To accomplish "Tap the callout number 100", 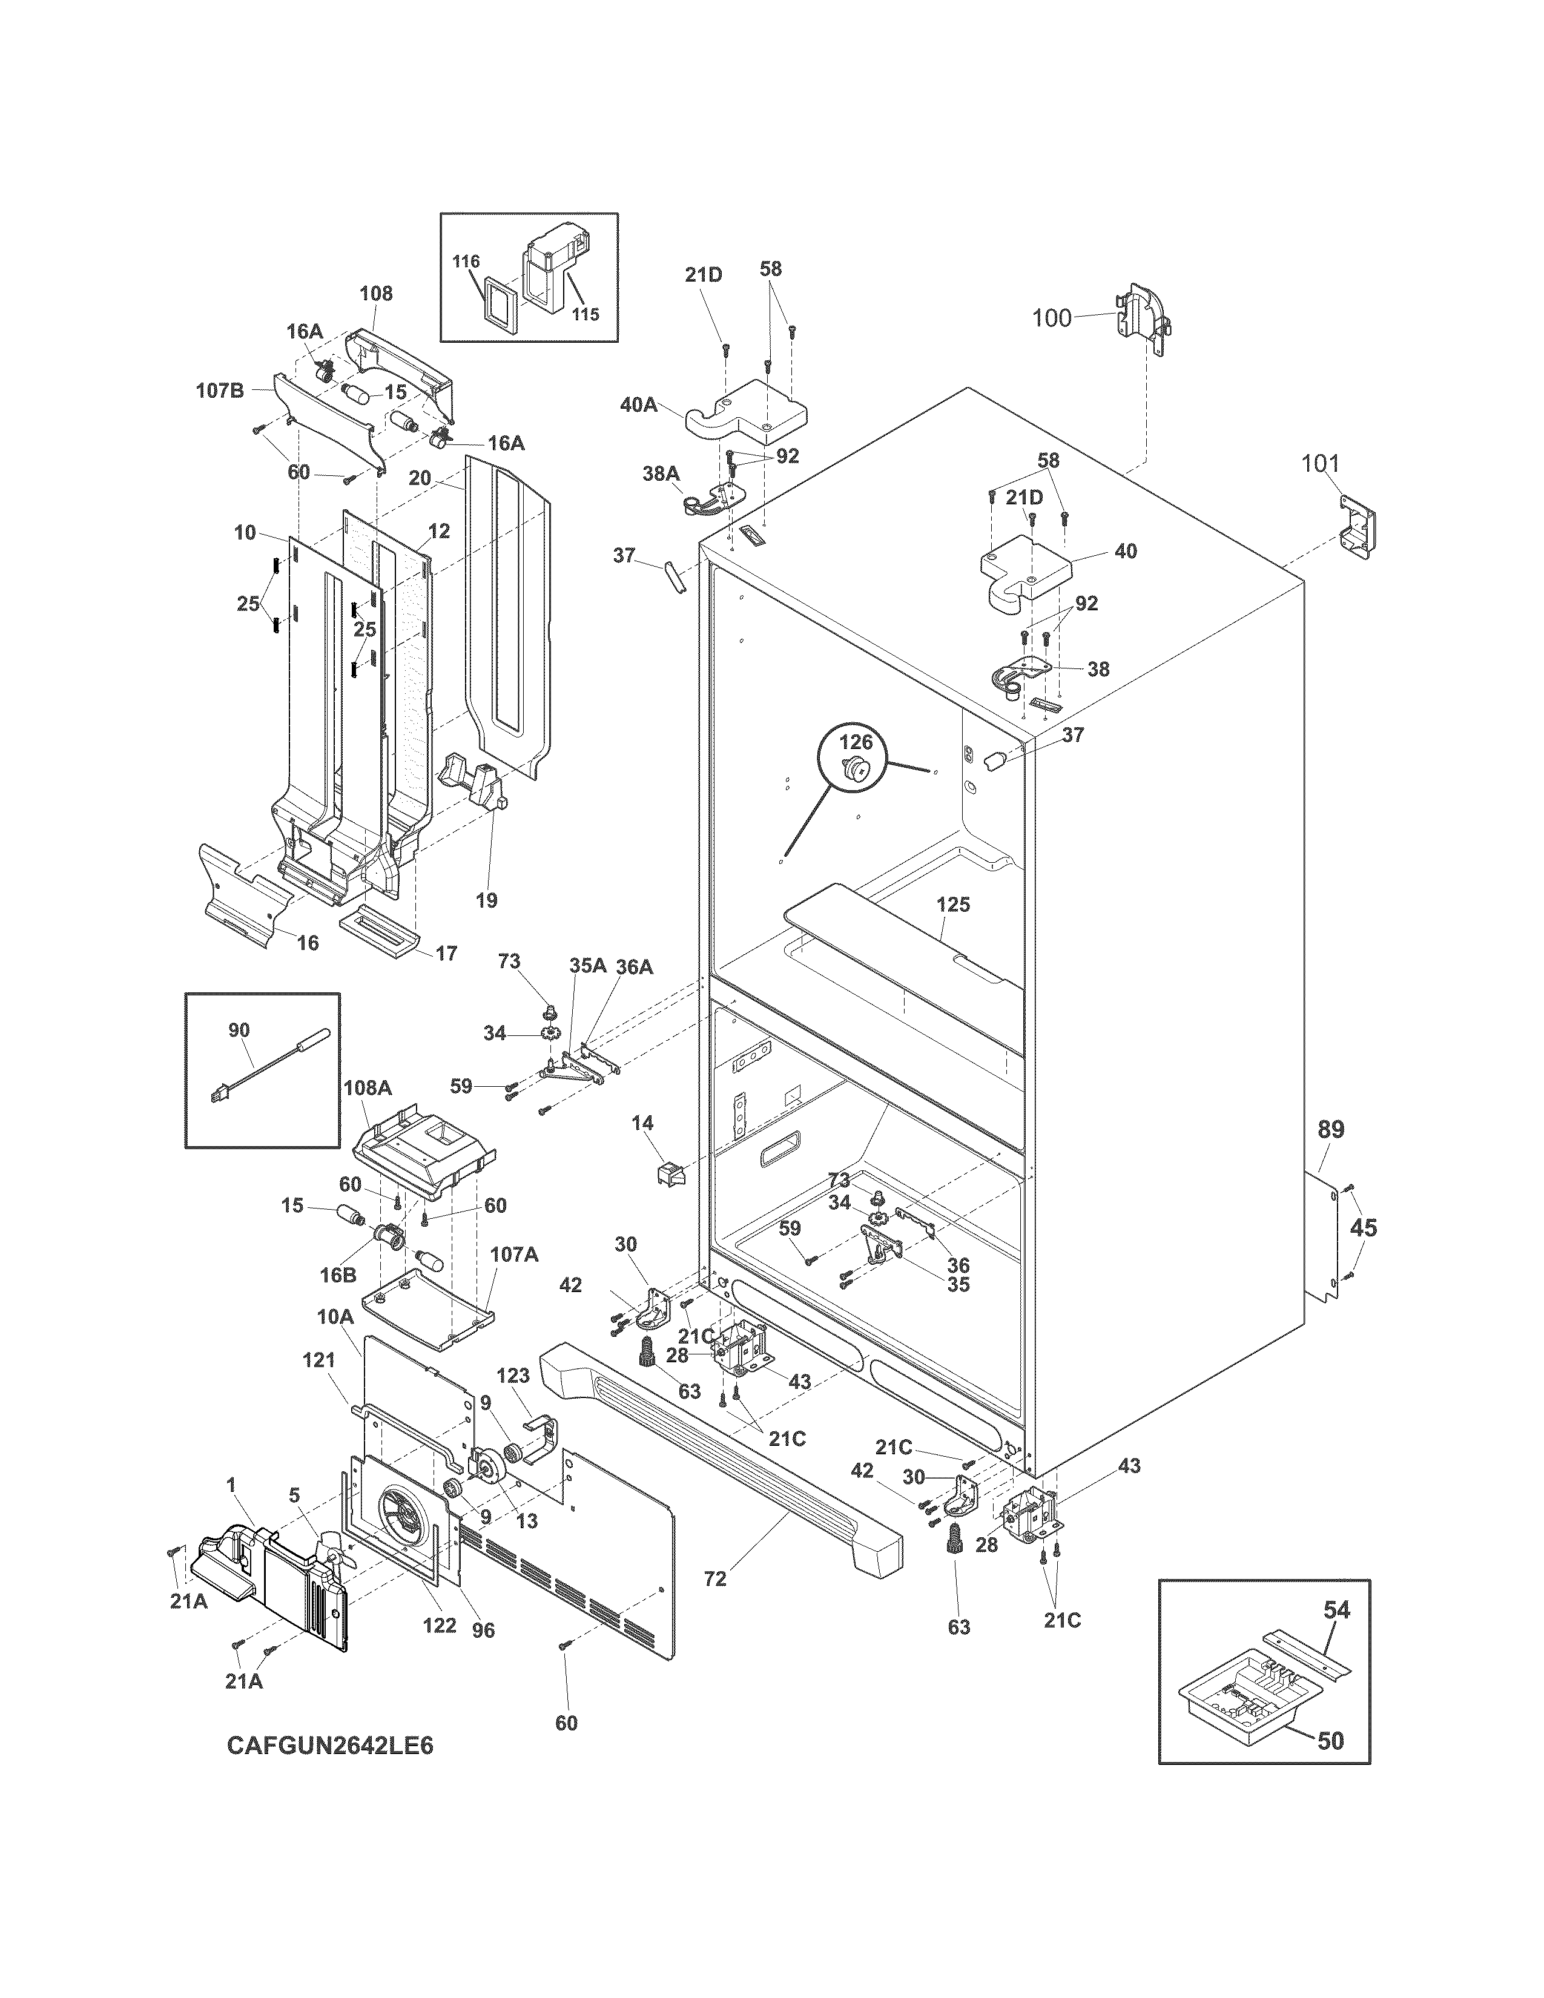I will [1051, 318].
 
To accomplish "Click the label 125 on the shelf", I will [952, 905].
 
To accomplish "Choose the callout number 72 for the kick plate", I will [715, 1579].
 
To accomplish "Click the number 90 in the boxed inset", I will [239, 1030].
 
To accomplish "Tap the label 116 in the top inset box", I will [466, 262].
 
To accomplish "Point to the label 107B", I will [220, 391].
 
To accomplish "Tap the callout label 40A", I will [638, 404].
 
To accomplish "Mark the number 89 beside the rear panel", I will [1331, 1130].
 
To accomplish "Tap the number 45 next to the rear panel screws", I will [1363, 1228].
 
